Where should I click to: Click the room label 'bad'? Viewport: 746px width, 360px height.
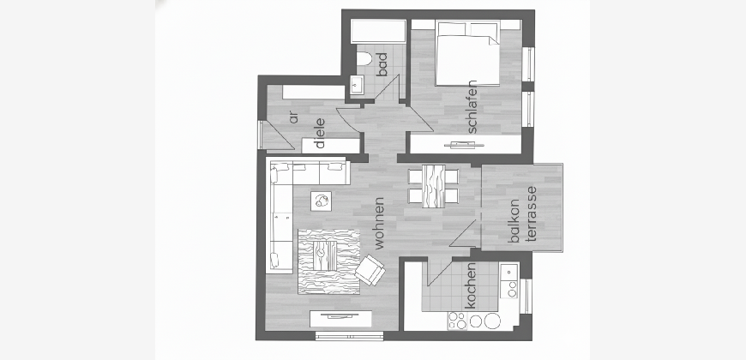(382, 64)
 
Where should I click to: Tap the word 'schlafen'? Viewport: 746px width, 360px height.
(472, 106)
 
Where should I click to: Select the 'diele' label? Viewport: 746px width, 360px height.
(320, 133)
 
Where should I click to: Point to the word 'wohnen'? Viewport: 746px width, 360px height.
(379, 223)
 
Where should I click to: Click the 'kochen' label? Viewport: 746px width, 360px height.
(470, 285)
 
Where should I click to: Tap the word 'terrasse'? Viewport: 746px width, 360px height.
(531, 214)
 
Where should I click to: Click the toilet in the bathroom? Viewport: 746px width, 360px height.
(364, 59)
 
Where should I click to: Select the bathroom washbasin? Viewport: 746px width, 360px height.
(357, 85)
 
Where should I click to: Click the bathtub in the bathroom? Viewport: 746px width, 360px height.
(378, 32)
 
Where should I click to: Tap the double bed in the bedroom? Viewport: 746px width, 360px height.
(467, 53)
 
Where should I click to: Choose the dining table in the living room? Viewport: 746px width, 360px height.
(433, 186)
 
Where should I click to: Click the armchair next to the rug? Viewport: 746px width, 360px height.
(370, 270)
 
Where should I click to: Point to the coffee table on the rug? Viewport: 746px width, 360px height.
(325, 255)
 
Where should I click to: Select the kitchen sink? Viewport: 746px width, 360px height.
(508, 272)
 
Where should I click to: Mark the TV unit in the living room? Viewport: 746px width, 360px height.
(340, 319)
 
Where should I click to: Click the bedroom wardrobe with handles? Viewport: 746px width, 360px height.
(466, 144)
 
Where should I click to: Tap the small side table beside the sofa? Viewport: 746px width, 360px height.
(322, 201)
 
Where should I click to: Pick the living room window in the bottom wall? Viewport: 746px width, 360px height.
(350, 336)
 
